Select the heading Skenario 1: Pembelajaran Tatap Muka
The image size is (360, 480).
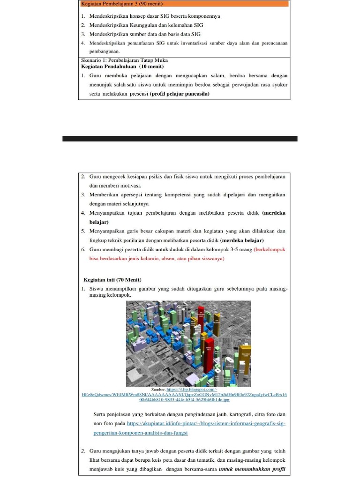(125, 60)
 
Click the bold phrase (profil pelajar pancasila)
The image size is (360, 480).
(179, 93)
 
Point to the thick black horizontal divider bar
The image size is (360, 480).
(180, 139)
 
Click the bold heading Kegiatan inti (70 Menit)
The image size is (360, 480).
(112, 279)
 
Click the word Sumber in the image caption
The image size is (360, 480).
(158, 390)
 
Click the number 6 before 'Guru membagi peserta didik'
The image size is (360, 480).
(82, 249)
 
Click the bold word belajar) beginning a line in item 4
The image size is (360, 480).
(99, 222)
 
